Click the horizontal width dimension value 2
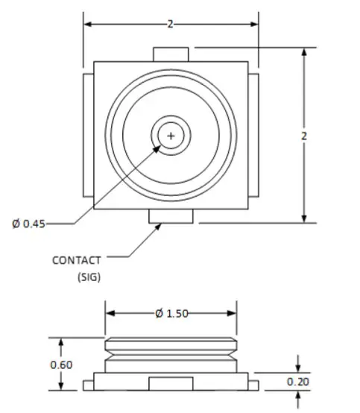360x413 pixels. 170,25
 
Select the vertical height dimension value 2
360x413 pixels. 303,136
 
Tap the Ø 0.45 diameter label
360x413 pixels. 28,223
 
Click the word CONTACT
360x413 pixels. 76,260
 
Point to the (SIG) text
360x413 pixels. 89,277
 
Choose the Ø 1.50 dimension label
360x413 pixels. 171,313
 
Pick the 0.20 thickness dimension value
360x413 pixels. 298,382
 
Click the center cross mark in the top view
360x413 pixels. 171,136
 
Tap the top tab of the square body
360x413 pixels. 171,54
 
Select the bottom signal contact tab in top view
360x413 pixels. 171,216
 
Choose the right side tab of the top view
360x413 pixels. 254,136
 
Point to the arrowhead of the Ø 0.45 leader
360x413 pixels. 159,146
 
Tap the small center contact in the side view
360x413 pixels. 171,383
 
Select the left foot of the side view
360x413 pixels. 88,385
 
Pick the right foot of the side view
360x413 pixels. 254,385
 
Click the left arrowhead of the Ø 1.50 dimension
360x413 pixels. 109,314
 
